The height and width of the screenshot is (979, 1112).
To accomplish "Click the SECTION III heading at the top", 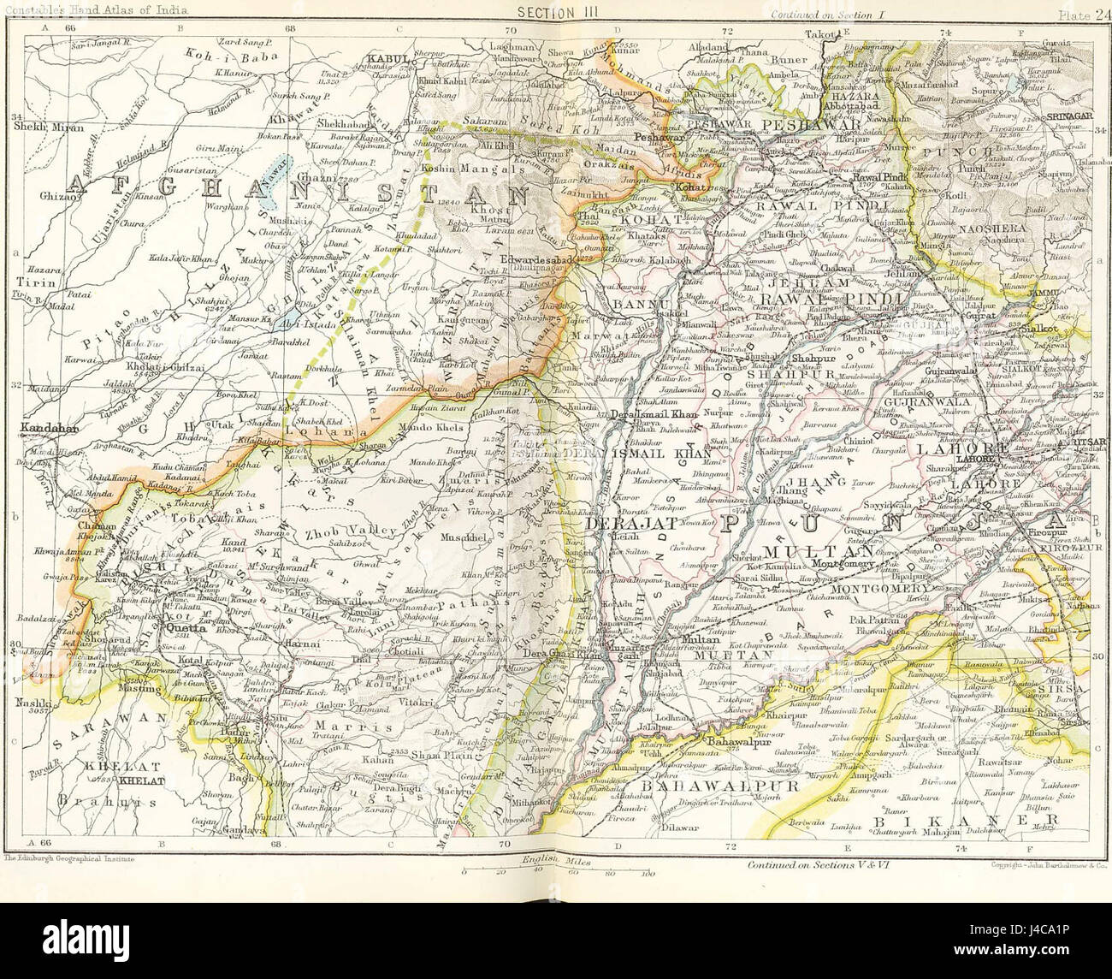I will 556,11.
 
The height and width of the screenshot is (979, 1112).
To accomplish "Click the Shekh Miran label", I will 37,126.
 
